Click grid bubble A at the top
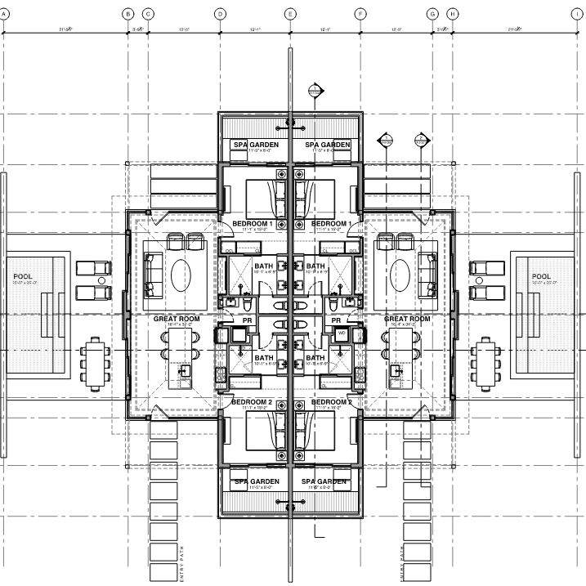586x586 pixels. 4,14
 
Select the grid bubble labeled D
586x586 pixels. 220,14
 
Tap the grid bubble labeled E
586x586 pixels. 290,14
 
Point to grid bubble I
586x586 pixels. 581,14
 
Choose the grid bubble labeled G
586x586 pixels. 433,14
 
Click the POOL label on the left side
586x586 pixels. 23,276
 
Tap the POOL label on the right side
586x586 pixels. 541,276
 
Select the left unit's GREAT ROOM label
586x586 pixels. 177,319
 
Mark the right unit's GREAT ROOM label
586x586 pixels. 407,319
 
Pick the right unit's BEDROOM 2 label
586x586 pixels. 331,403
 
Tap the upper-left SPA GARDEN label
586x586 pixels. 256,145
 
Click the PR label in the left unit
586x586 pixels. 247,320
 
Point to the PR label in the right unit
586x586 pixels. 337,320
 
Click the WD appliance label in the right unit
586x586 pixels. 342,333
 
